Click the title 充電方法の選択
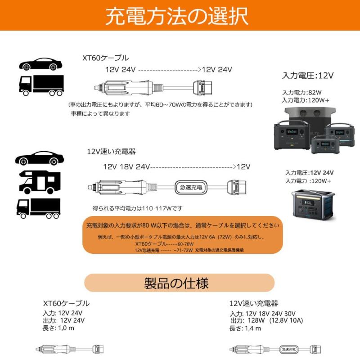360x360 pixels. click(176, 17)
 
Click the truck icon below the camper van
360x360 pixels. click(38, 208)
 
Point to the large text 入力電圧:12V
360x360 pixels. click(308, 75)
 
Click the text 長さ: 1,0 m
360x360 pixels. click(58, 328)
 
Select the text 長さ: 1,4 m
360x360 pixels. click(246, 328)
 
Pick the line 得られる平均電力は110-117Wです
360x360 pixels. click(137, 208)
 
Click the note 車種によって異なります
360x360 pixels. click(100, 114)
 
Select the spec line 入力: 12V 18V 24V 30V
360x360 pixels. click(263, 313)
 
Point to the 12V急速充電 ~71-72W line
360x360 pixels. click(164, 250)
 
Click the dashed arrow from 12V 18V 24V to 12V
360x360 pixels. click(193, 166)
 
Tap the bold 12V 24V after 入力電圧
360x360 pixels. click(322, 172)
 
